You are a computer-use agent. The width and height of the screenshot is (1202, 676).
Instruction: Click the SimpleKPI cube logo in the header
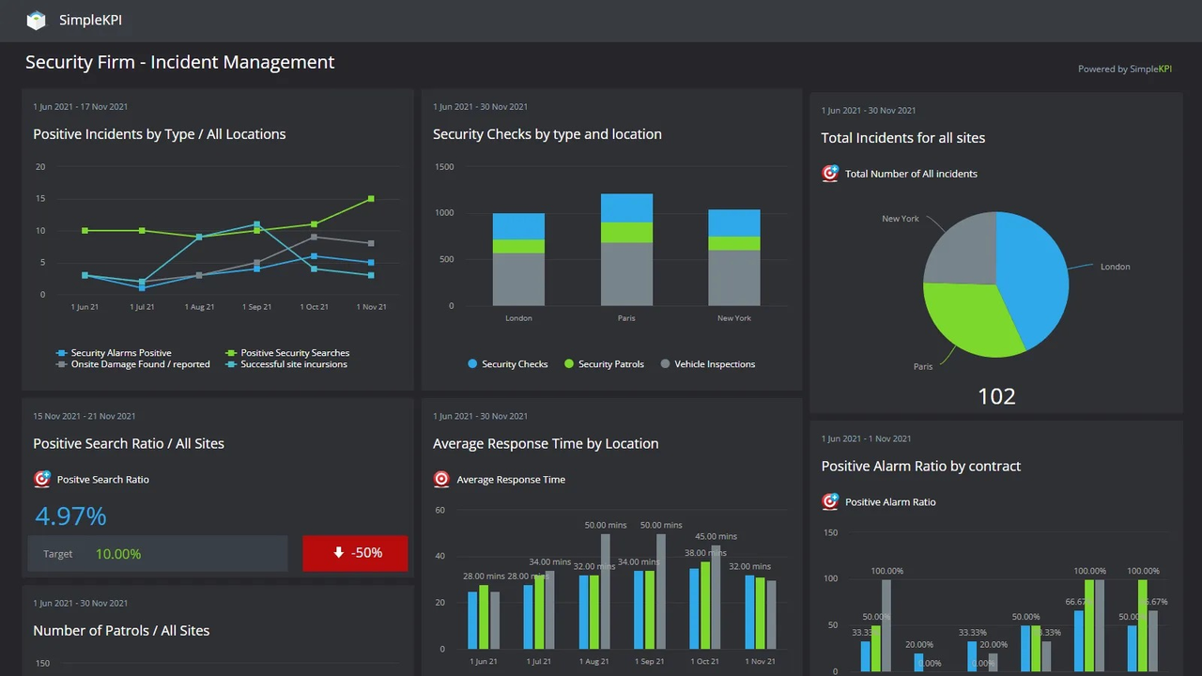pyautogui.click(x=36, y=20)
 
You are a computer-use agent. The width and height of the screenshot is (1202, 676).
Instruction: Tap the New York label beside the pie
pyautogui.click(x=900, y=219)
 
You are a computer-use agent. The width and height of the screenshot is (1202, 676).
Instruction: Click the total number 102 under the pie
pyautogui.click(x=996, y=396)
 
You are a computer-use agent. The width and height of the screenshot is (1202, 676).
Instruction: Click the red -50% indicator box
pyautogui.click(x=355, y=553)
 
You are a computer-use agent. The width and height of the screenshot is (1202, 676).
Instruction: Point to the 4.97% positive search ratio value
pyautogui.click(x=70, y=515)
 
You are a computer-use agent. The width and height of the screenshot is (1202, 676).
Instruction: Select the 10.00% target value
pyautogui.click(x=118, y=554)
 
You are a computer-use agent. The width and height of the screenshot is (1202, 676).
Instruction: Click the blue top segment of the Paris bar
pyautogui.click(x=626, y=207)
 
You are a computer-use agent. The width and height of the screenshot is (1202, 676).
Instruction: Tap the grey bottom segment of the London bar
pyautogui.click(x=518, y=279)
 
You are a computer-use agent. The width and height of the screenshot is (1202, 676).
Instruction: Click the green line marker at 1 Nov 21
pyautogui.click(x=371, y=199)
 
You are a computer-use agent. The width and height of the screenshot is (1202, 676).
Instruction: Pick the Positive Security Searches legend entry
pyautogui.click(x=294, y=353)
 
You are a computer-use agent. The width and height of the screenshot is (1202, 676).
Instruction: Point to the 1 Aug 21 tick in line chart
pyautogui.click(x=199, y=307)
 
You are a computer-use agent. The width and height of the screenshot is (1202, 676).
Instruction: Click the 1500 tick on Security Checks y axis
pyautogui.click(x=443, y=167)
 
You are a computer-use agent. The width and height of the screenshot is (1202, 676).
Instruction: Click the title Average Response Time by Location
pyautogui.click(x=545, y=443)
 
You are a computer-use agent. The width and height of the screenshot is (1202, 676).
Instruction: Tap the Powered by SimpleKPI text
pyautogui.click(x=1124, y=69)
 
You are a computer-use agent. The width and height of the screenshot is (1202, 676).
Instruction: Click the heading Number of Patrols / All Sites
pyautogui.click(x=121, y=630)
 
